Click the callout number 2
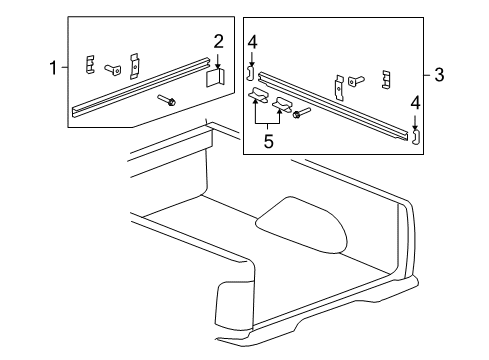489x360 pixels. pyautogui.click(x=218, y=41)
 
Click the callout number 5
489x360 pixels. pyautogui.click(x=268, y=142)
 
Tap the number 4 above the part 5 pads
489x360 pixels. pyautogui.click(x=253, y=42)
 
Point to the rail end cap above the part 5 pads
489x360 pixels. pyautogui.click(x=252, y=72)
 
